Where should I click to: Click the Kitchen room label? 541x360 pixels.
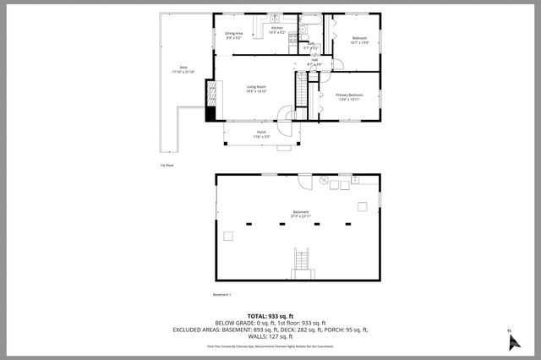(276, 30)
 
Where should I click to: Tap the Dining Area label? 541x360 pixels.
(234, 35)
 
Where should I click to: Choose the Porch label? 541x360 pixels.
(261, 134)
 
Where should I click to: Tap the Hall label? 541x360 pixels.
(314, 62)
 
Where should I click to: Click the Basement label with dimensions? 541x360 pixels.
(301, 214)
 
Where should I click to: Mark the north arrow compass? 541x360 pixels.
(511, 340)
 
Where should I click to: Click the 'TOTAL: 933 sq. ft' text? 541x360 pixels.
(270, 314)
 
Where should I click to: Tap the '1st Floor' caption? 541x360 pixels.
(167, 165)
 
